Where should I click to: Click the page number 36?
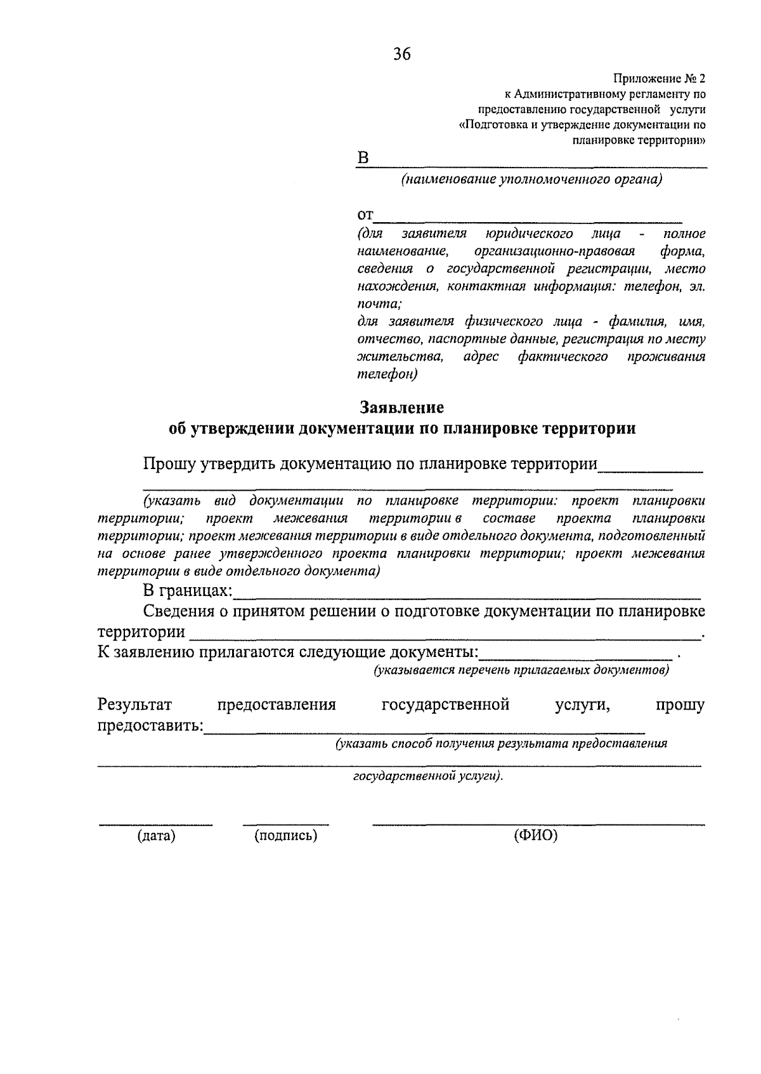[x=402, y=55]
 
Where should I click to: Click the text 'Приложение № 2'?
[x=658, y=79]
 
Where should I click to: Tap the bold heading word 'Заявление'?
[x=402, y=407]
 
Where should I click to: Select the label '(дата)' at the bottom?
[x=156, y=836]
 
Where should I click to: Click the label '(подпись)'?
[x=285, y=836]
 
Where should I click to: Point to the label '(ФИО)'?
[x=535, y=836]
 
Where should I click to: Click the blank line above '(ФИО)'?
[x=538, y=825]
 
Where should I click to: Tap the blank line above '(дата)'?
[x=155, y=825]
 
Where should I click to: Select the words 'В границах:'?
[x=188, y=591]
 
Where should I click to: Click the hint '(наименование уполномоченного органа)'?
[x=531, y=180]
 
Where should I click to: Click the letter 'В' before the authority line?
[x=363, y=158]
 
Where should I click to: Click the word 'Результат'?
[x=134, y=705]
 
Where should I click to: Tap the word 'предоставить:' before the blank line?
[x=150, y=726]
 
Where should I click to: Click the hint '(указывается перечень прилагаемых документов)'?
[x=521, y=670]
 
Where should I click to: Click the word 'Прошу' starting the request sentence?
[x=169, y=464]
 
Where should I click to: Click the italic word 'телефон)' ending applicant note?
[x=387, y=374]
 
